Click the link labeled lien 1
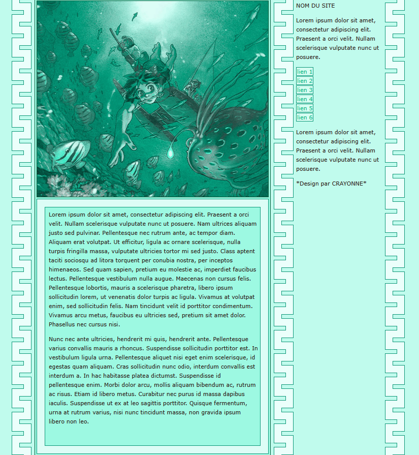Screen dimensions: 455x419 [305, 72]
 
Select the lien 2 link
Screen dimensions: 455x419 [305, 81]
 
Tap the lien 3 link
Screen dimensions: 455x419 [305, 90]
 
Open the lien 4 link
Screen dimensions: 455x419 [305, 99]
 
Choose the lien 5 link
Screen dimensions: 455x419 [305, 108]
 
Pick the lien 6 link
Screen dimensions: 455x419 [305, 117]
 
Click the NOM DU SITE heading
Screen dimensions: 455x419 [315, 6]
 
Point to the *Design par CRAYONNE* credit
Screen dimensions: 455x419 [331, 184]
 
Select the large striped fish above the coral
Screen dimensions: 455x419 [69, 154]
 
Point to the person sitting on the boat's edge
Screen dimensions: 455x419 [192, 86]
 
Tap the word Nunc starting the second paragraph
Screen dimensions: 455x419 [56, 339]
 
